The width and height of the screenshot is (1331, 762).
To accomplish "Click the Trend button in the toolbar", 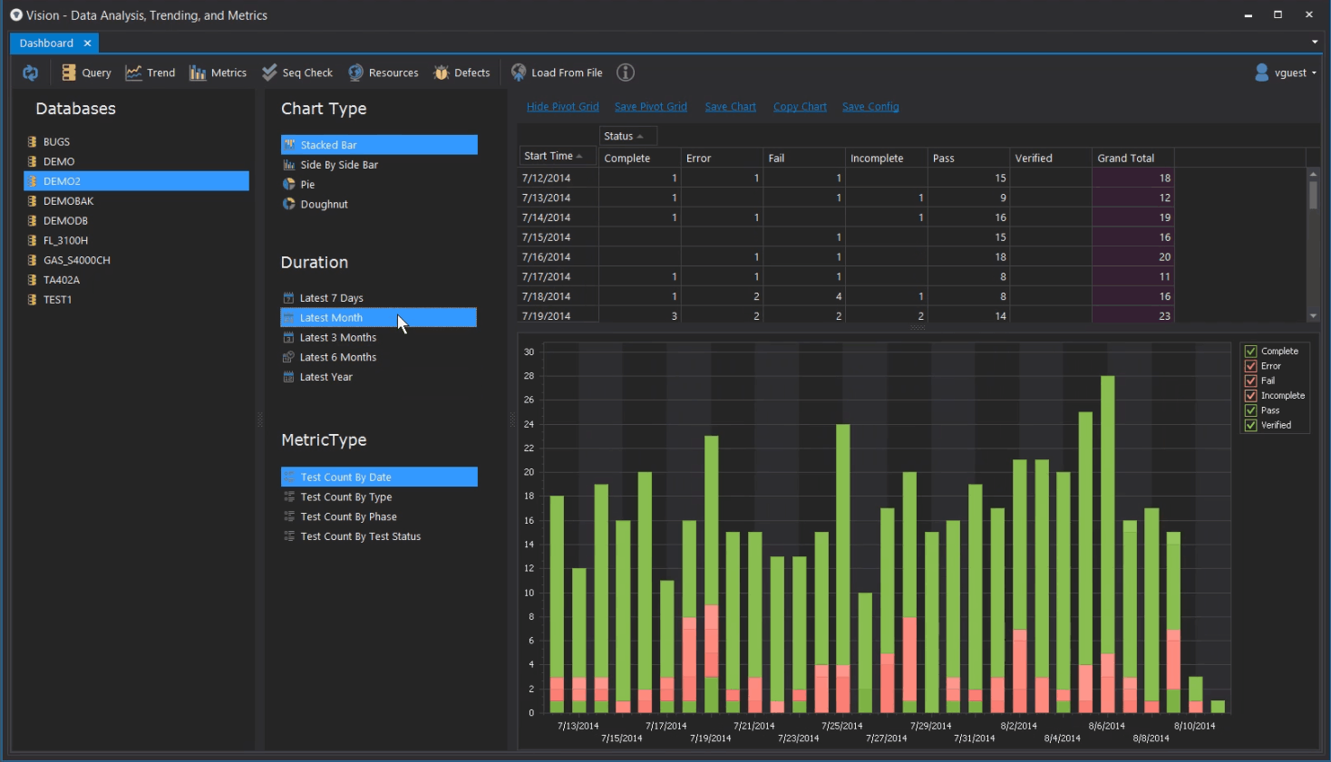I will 151,72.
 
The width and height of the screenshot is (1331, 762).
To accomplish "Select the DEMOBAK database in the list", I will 68,201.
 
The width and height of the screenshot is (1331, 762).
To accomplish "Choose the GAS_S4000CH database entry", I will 76,260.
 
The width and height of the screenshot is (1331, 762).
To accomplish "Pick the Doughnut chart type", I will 324,205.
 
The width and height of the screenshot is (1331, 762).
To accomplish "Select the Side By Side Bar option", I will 338,165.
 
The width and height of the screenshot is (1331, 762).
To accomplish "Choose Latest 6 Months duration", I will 337,358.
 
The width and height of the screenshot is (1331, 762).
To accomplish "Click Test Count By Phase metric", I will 348,517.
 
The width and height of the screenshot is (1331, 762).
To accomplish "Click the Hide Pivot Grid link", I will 562,107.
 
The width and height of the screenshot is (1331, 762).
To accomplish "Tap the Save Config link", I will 870,107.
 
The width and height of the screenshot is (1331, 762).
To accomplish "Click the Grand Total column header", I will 1126,159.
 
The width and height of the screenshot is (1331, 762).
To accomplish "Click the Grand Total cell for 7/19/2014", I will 1132,316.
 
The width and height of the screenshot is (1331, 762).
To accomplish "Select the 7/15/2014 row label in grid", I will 547,237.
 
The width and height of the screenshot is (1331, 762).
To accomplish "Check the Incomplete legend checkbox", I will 1251,396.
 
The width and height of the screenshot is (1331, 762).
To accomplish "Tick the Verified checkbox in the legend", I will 1251,426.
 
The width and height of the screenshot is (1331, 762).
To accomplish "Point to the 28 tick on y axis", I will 529,376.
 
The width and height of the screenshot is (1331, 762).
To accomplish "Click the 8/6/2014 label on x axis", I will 1106,726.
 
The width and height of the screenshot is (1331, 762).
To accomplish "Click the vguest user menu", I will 1285,72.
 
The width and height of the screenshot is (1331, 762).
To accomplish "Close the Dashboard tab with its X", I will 87,43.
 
